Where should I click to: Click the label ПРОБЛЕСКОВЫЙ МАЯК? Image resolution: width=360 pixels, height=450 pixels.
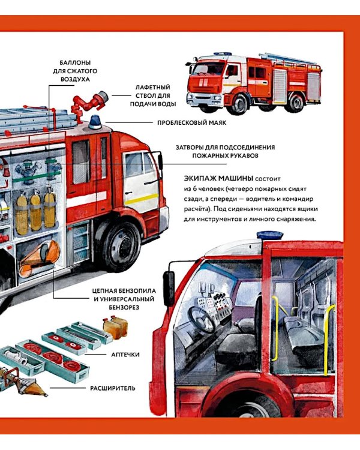pyautogui.click(x=192, y=123)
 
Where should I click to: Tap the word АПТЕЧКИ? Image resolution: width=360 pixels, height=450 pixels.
pyautogui.click(x=125, y=355)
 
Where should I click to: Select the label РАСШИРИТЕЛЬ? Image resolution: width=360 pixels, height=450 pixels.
pyautogui.click(x=113, y=388)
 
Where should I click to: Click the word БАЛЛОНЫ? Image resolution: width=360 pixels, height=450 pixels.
pyautogui.click(x=75, y=62)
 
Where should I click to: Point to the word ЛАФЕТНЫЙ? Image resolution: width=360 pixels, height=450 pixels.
pyautogui.click(x=153, y=87)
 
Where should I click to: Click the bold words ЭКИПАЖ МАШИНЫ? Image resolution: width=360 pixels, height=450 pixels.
pyautogui.click(x=218, y=178)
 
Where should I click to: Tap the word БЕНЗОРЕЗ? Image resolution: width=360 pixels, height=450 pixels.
pyautogui.click(x=124, y=307)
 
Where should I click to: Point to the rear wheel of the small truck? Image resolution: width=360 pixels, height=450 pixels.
pyautogui.click(x=296, y=103)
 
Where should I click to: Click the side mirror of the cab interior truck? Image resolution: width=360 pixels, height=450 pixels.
pyautogui.click(x=169, y=288)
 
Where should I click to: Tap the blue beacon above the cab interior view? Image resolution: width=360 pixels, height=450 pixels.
pyautogui.click(x=270, y=235)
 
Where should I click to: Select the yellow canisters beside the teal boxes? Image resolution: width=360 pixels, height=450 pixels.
pyautogui.click(x=115, y=326)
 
